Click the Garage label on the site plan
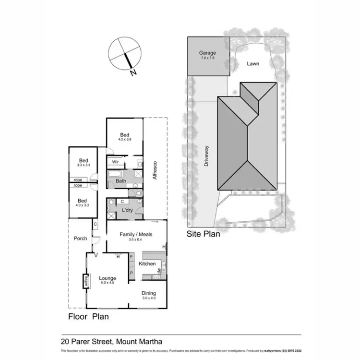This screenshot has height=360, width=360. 208,53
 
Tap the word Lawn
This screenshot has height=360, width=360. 253,63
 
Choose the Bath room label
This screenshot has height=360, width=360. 120,181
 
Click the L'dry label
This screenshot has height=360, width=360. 127,210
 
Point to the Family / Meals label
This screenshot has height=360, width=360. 136,234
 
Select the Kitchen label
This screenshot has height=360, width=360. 147,264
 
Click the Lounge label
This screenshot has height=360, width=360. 107,278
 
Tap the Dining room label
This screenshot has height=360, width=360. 148,293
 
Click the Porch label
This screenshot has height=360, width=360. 80,238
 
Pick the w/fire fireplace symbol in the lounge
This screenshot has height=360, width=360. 87,281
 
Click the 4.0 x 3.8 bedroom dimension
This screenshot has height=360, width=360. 124,139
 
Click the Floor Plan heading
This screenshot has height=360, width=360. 88,316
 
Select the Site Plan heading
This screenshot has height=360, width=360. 203,235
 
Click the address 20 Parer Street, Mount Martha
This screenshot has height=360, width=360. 111,342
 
